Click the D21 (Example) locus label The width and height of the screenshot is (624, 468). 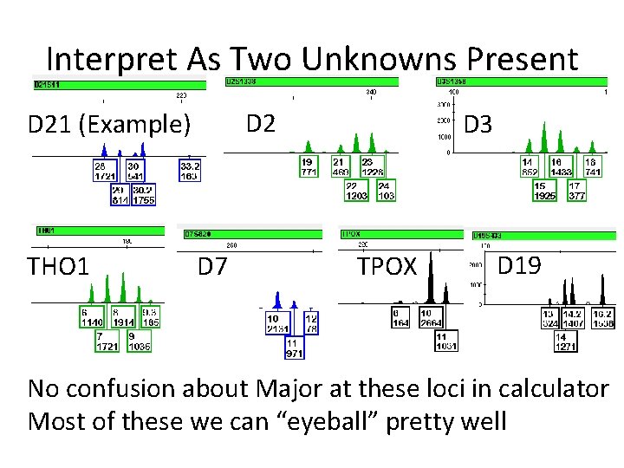pyautogui.click(x=109, y=125)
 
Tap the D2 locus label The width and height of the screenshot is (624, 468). pyautogui.click(x=261, y=123)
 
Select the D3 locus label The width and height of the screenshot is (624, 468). pyautogui.click(x=478, y=125)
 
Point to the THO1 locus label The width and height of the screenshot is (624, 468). pyautogui.click(x=58, y=267)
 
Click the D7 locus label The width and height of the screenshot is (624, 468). pyautogui.click(x=211, y=267)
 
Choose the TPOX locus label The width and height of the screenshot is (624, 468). pyautogui.click(x=387, y=267)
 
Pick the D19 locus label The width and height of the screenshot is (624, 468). pyautogui.click(x=519, y=265)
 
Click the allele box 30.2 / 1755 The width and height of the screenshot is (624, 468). pyautogui.click(x=144, y=195)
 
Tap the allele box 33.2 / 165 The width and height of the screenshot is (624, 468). pyautogui.click(x=190, y=170)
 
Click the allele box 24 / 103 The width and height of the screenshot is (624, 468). pyautogui.click(x=386, y=191)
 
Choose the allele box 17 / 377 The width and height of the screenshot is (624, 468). pyautogui.click(x=575, y=191)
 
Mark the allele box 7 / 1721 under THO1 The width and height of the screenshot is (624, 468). pyautogui.click(x=107, y=341)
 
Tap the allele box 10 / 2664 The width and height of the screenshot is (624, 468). pyautogui.click(x=432, y=318)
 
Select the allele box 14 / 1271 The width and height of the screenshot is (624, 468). pyautogui.click(x=565, y=341)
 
